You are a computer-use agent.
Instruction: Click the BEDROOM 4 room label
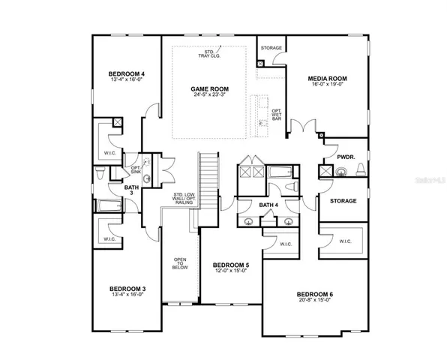point(126,73)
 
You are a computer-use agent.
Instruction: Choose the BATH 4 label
point(268,204)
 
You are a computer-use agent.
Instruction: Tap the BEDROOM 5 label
point(232,265)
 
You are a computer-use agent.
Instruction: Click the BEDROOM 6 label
point(316,293)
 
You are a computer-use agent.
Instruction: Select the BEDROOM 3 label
point(127,289)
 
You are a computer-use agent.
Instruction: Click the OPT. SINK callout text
point(136,169)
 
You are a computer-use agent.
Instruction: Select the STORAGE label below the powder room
point(343,201)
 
